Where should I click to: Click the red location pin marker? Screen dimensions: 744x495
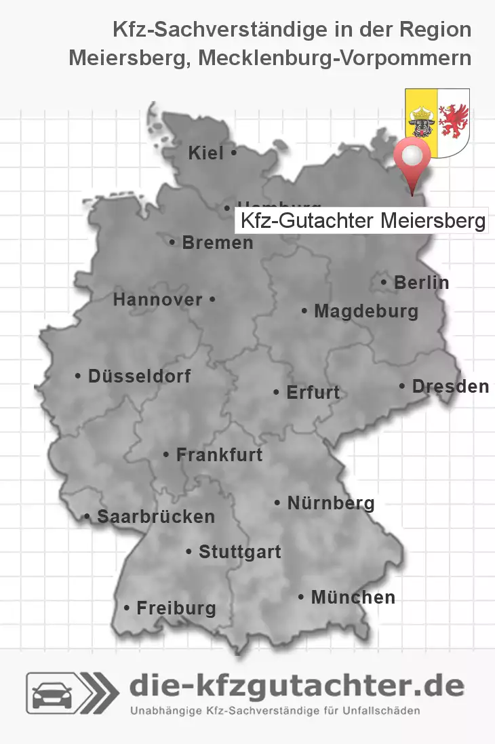tap(412, 157)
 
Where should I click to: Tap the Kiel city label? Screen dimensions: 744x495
tap(206, 154)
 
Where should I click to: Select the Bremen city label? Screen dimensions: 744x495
tap(217, 242)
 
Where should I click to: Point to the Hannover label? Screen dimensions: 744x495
tap(157, 300)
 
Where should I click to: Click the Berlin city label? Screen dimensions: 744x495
tap(421, 283)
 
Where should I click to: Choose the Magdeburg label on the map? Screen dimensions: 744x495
tap(366, 312)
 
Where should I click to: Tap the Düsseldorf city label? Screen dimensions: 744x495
tap(139, 376)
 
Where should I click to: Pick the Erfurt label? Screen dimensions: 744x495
tap(313, 393)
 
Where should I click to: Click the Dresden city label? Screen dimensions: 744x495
tap(450, 387)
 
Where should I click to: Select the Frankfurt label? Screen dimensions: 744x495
tap(219, 455)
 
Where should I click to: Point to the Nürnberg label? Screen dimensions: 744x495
tap(331, 503)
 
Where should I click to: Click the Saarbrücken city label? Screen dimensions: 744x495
tap(156, 517)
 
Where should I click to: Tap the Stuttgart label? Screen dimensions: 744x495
tap(239, 552)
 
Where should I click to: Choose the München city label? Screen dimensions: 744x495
tap(353, 598)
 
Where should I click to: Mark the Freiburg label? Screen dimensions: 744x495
tap(176, 608)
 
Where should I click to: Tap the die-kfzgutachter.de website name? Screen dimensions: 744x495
tap(296, 686)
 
